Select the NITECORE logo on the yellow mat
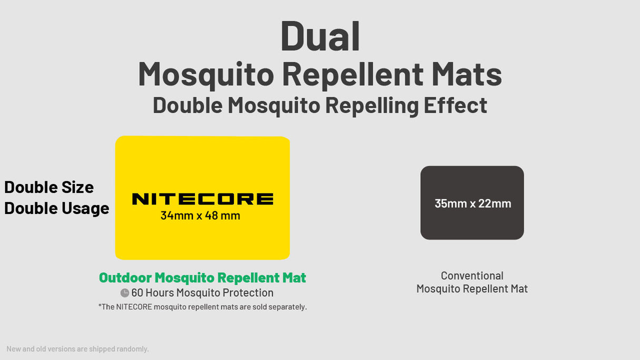(202, 199)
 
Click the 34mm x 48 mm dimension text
(200, 216)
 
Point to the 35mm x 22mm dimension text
(472, 203)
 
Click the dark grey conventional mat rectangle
(472, 227)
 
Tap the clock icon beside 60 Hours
(124, 293)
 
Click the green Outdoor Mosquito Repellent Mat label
(202, 278)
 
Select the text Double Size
(49, 187)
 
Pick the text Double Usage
(56, 208)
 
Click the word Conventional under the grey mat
(472, 276)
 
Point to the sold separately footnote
(202, 307)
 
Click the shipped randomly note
(77, 349)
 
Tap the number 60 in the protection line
(137, 293)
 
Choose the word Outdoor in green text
(125, 278)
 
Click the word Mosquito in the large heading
(206, 74)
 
